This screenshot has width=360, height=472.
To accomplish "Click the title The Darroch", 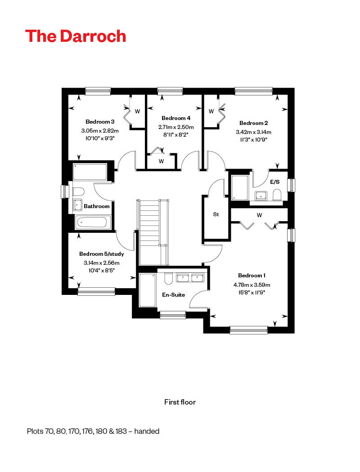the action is pyautogui.click(x=76, y=36).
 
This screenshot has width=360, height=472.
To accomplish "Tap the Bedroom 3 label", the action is pyautogui.click(x=100, y=122).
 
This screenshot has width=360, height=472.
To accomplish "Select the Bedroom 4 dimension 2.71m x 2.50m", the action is pyautogui.click(x=176, y=127).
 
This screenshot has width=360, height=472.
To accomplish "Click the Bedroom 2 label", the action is pyautogui.click(x=254, y=123).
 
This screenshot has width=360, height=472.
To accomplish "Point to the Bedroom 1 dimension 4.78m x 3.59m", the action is pyautogui.click(x=252, y=285).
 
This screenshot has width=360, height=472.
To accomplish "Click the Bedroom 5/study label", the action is pyautogui.click(x=102, y=254).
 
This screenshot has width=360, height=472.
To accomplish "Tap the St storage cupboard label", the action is pyautogui.click(x=216, y=214).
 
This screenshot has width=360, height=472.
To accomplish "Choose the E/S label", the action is pyautogui.click(x=275, y=182).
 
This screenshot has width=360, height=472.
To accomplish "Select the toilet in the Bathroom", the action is pyautogui.click(x=78, y=192).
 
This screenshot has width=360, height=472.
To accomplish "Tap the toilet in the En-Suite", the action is pyautogui.click(x=168, y=279).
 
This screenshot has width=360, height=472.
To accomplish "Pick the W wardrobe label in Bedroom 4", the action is pyautogui.click(x=161, y=161).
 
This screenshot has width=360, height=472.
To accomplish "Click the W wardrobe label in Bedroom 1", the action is pyautogui.click(x=259, y=215).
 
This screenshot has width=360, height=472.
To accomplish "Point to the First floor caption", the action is pyautogui.click(x=180, y=402).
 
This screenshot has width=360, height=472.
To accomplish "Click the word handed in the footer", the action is pyautogui.click(x=147, y=431).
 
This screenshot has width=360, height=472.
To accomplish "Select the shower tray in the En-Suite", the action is pyautogui.click(x=148, y=290).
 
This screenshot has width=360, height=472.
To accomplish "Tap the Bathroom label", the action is pyautogui.click(x=97, y=206).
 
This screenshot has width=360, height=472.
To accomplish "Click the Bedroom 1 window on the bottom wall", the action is pyautogui.click(x=248, y=330).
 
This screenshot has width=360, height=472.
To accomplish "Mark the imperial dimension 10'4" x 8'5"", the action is pyautogui.click(x=102, y=270).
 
